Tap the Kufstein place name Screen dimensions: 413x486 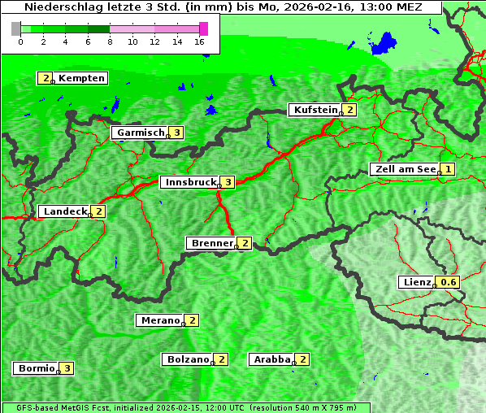tap(314, 110)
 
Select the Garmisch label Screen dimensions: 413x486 tap(139, 133)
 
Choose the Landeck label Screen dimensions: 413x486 tap(64, 211)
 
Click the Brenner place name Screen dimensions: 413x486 tap(211, 243)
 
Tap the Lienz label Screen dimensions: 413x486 tap(416, 282)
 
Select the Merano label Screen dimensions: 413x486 tap(158, 320)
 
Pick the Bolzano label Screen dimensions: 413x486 tap(188, 359)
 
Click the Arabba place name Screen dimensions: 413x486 tap(271, 359)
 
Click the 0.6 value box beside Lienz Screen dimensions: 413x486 tap(449, 282)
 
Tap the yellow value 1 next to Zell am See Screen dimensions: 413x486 tap(448, 169)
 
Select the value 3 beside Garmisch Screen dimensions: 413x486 tap(176, 133)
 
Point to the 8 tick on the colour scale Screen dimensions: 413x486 tap(110, 41)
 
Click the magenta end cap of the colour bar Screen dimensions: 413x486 tap(203, 28)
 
